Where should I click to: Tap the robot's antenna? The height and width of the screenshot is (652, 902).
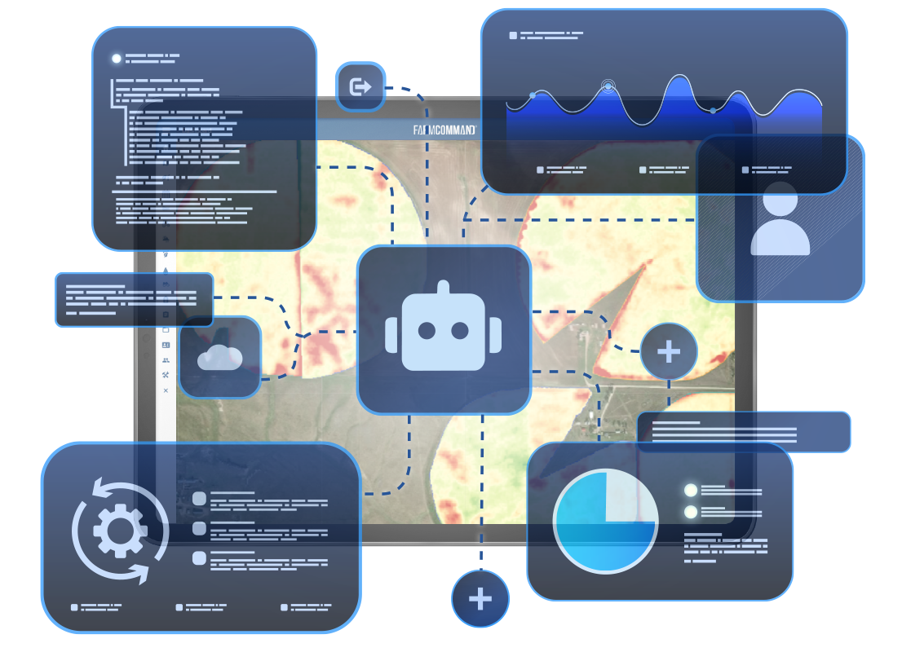tap(443, 287)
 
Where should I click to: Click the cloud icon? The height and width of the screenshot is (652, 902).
tap(219, 358)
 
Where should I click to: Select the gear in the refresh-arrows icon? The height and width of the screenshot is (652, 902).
tap(120, 530)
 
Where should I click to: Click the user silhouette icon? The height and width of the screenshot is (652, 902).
tap(780, 219)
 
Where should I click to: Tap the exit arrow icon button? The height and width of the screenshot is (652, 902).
tap(360, 87)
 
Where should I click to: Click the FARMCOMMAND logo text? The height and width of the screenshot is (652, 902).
tap(444, 130)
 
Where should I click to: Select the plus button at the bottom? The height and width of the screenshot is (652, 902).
tap(480, 599)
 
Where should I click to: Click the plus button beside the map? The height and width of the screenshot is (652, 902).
tap(669, 351)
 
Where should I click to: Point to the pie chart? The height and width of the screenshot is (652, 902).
tap(605, 521)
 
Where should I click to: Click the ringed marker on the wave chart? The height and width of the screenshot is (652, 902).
tap(608, 86)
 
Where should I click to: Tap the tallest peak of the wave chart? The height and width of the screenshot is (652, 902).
tap(680, 76)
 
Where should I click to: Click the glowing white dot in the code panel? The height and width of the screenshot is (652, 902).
tap(116, 58)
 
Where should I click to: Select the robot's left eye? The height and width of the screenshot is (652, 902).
tap(427, 331)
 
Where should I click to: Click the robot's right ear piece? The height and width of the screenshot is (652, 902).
tap(495, 335)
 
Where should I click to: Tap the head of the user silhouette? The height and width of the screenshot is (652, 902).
tap(780, 198)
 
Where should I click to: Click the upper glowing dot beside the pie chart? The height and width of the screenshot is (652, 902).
tap(690, 490)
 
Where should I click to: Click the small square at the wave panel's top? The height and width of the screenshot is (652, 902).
tap(513, 36)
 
